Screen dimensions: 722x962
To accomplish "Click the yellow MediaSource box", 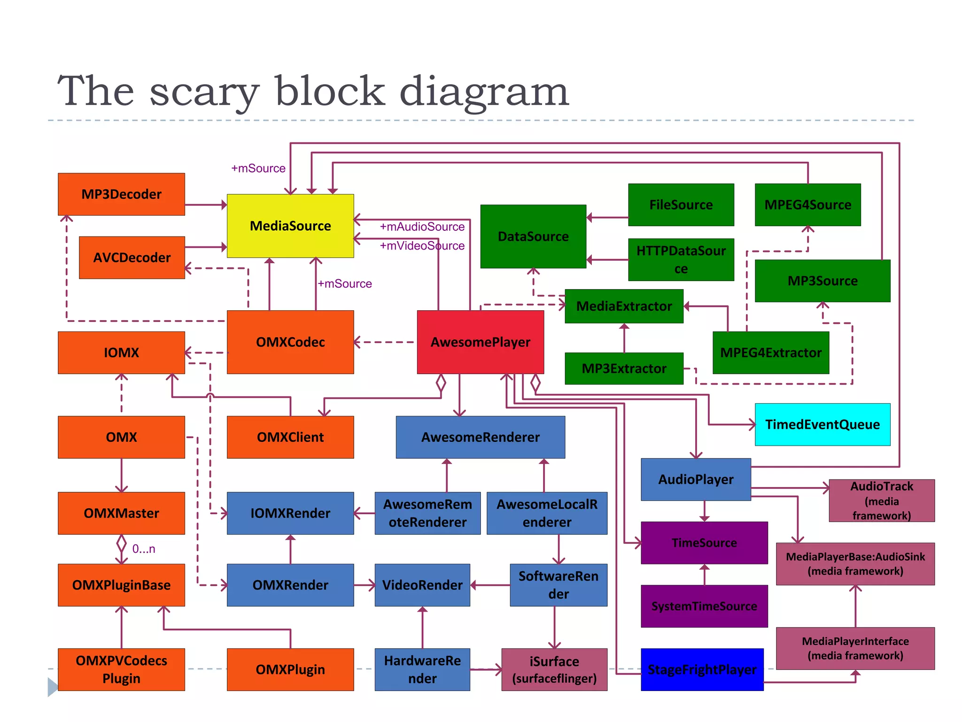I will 290,226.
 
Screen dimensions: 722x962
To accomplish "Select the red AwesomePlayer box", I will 480,342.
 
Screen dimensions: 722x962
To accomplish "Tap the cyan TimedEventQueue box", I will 822,424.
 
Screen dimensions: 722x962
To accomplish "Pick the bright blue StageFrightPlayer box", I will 702,669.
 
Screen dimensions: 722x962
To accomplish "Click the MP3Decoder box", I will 121,194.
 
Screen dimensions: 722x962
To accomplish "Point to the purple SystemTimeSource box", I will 704,606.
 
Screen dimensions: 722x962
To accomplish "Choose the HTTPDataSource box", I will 681,259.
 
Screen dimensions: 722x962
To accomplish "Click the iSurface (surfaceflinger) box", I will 554,669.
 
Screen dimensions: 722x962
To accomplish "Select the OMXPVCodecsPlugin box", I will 121,669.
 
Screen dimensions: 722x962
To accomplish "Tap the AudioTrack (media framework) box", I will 881,501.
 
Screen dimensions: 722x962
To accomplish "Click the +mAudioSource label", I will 422,227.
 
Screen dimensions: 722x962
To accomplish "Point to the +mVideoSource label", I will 422,246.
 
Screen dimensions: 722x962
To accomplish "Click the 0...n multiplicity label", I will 143,549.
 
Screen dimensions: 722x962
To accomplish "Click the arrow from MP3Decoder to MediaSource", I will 206,205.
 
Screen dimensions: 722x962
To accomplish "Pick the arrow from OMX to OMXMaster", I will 122,475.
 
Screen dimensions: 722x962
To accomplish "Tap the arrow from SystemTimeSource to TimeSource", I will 704,574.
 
